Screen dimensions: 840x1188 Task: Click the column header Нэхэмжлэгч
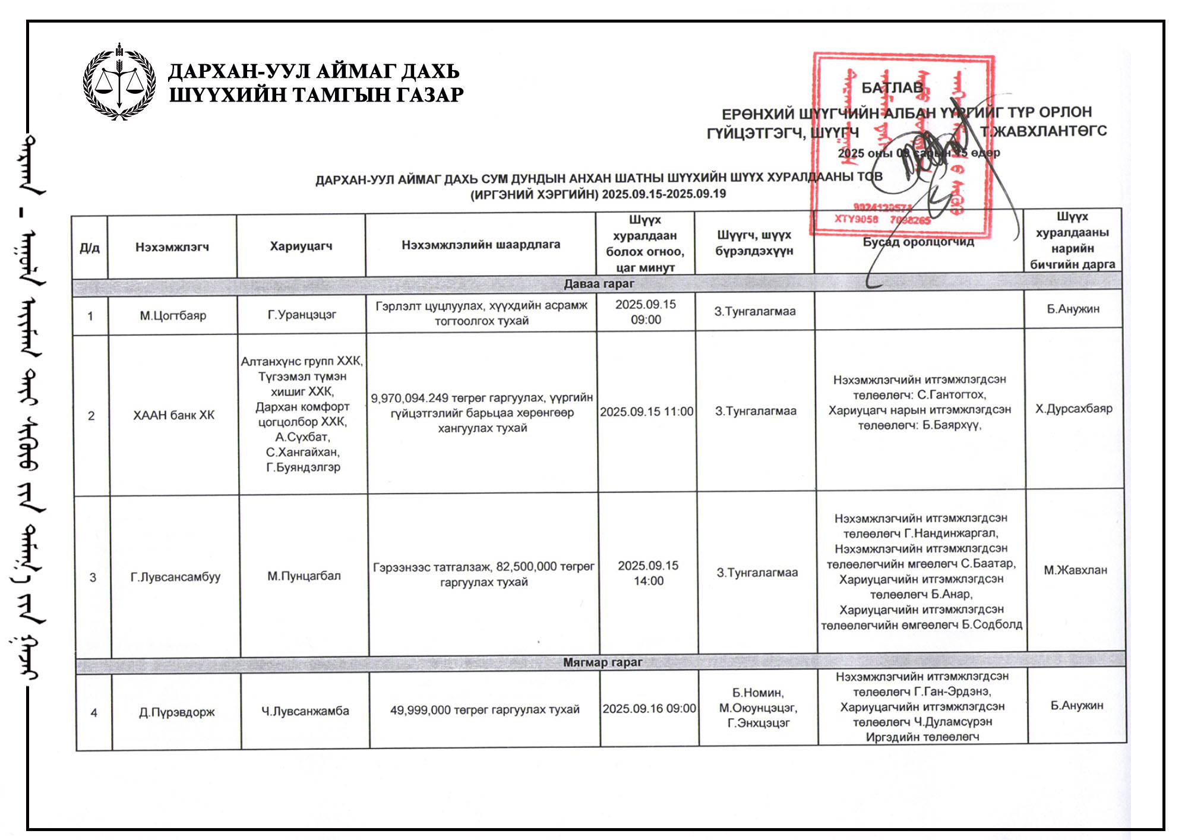click(x=172, y=247)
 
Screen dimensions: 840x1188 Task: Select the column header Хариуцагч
click(x=301, y=246)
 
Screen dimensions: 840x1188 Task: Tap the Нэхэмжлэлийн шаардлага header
click(x=481, y=244)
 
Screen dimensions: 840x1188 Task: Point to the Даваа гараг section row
click(x=599, y=284)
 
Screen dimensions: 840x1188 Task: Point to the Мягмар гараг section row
click(x=602, y=662)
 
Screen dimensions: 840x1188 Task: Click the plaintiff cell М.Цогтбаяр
click(x=173, y=315)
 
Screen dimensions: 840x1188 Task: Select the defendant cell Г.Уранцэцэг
click(x=302, y=314)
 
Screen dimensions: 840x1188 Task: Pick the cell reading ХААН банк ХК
click(x=173, y=415)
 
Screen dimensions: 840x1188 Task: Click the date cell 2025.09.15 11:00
click(x=646, y=412)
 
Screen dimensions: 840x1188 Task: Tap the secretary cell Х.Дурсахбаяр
click(x=1074, y=409)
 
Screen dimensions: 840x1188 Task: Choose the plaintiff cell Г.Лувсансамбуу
click(x=175, y=577)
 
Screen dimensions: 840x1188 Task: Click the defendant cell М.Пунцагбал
click(x=304, y=576)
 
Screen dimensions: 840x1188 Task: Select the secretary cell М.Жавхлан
click(x=1075, y=570)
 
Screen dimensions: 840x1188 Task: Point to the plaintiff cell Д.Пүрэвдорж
click(x=177, y=712)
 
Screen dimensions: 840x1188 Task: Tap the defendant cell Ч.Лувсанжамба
click(x=305, y=711)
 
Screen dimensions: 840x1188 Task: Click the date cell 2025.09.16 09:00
click(x=649, y=709)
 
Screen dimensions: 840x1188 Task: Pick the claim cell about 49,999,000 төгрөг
click(x=485, y=710)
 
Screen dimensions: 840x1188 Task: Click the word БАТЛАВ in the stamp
click(x=892, y=88)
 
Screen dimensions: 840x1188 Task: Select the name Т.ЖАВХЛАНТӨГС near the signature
click(x=1043, y=131)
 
